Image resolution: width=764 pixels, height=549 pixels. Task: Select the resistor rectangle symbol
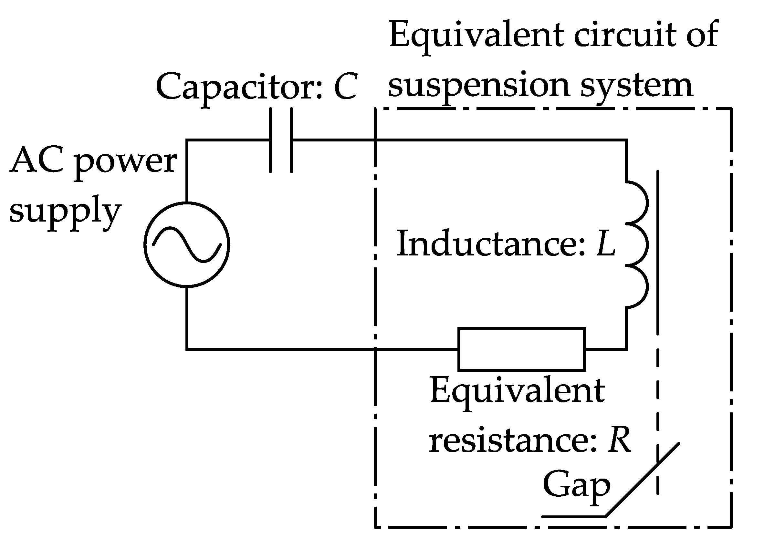click(x=521, y=349)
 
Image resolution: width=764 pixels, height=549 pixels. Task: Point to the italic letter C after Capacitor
click(x=345, y=87)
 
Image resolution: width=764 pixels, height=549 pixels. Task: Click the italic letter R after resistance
click(x=619, y=440)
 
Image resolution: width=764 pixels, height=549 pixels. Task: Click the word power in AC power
click(x=126, y=162)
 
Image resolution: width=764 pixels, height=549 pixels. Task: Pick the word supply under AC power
click(x=65, y=212)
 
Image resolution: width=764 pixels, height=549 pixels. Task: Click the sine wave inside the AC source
click(x=187, y=245)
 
